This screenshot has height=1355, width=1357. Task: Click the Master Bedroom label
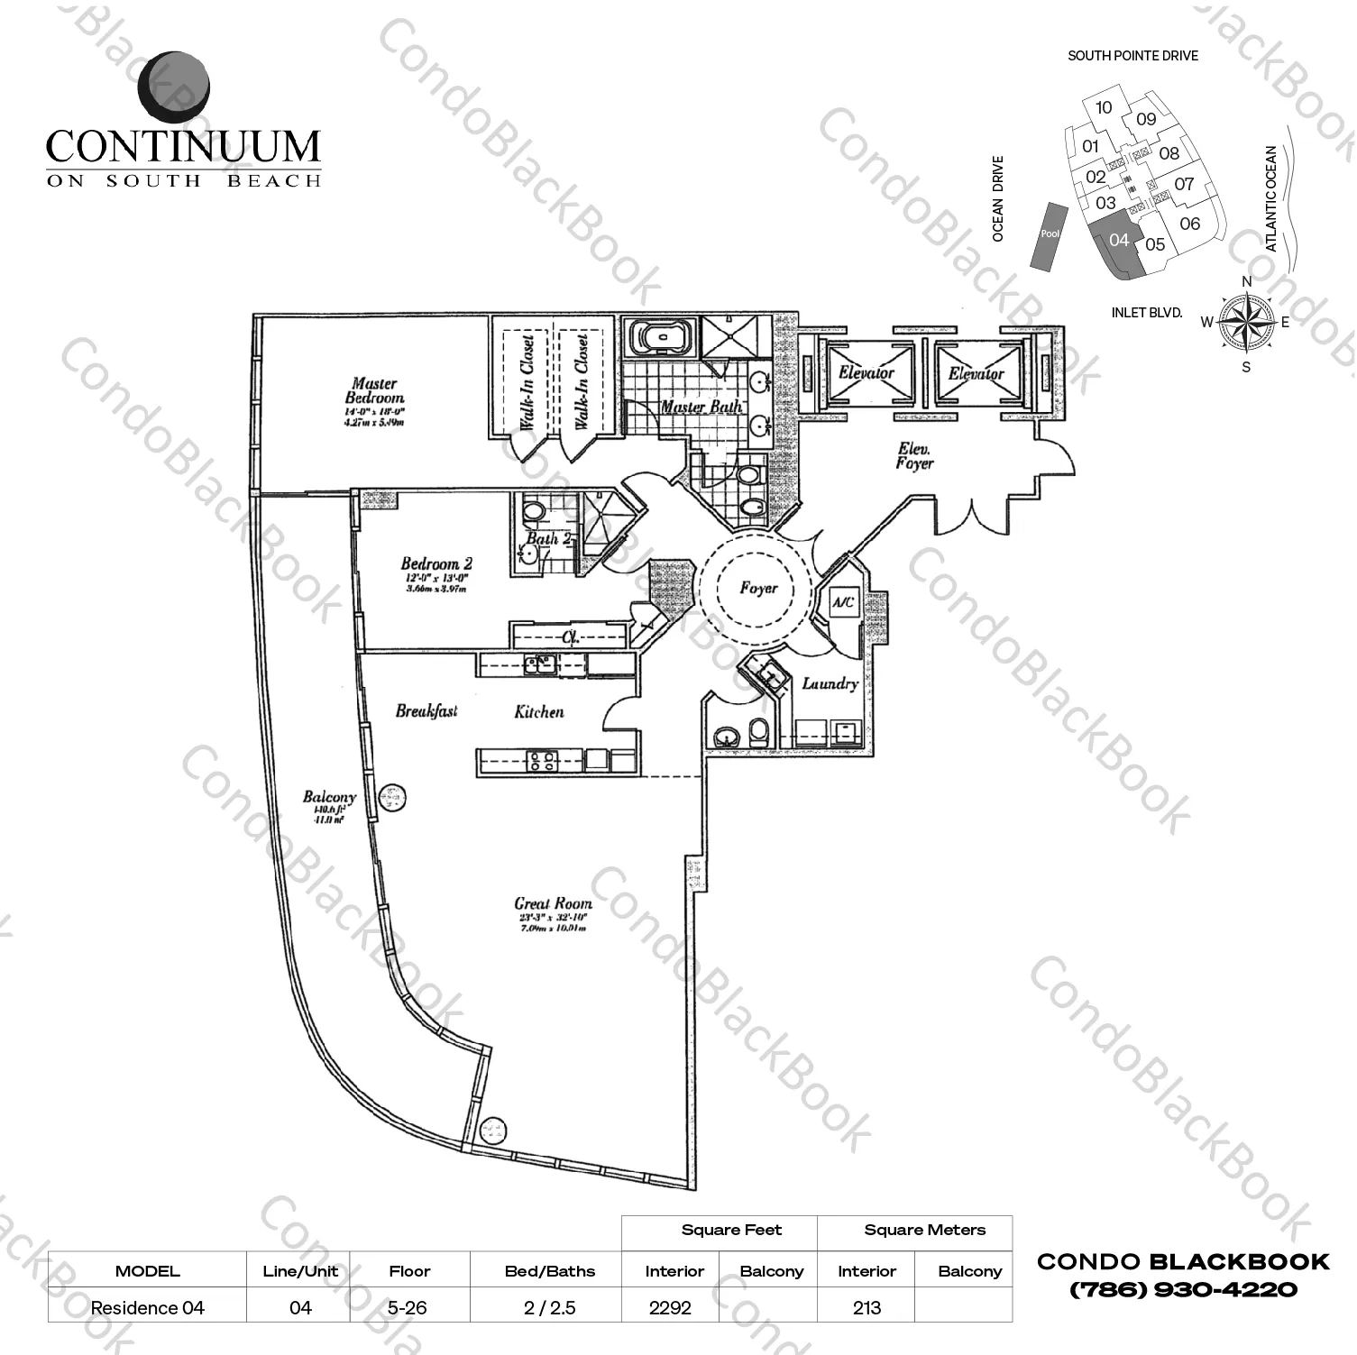coord(374,391)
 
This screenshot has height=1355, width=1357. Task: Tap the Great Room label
coord(553,903)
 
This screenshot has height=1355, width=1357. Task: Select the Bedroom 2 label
coord(436,564)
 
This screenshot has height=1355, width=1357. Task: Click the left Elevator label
coord(866,372)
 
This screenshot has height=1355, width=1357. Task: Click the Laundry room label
coord(830,683)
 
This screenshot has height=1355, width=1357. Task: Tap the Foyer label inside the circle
coord(758,588)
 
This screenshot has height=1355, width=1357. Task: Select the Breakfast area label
coord(426,711)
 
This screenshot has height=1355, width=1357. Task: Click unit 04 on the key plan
coord(1118,240)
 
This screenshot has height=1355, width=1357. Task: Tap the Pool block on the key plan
coord(1050,234)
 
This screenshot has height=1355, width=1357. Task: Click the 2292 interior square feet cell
coord(670,1307)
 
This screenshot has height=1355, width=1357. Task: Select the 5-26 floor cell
coord(408,1307)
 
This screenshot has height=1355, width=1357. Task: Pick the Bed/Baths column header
coord(549,1271)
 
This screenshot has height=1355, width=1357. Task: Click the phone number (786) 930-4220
coord(1183,1290)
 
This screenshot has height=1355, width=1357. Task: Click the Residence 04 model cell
coord(147,1307)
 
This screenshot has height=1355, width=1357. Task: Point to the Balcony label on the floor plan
coord(329,797)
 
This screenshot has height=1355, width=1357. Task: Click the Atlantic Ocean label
coord(1271,199)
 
